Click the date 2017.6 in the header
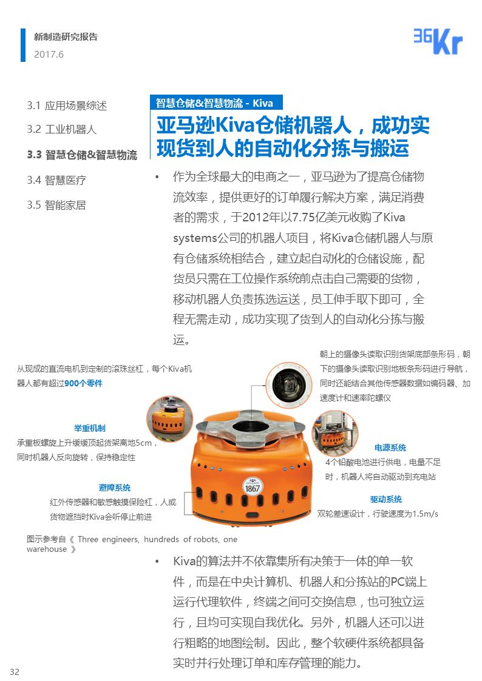[49, 55]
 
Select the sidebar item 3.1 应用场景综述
[67, 106]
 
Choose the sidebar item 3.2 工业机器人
[61, 129]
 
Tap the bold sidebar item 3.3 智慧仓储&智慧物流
[82, 155]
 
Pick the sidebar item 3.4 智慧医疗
[56, 180]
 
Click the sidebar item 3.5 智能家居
[56, 204]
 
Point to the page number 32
[15, 671]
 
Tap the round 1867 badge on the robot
[252, 486]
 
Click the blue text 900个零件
[83, 383]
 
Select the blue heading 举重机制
[89, 428]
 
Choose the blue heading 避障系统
[115, 488]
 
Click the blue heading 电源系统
[390, 448]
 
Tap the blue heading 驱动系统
[386, 499]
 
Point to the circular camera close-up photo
[289, 386]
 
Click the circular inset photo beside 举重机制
[170, 419]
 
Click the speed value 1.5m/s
[426, 514]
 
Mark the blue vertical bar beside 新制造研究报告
[23, 45]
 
